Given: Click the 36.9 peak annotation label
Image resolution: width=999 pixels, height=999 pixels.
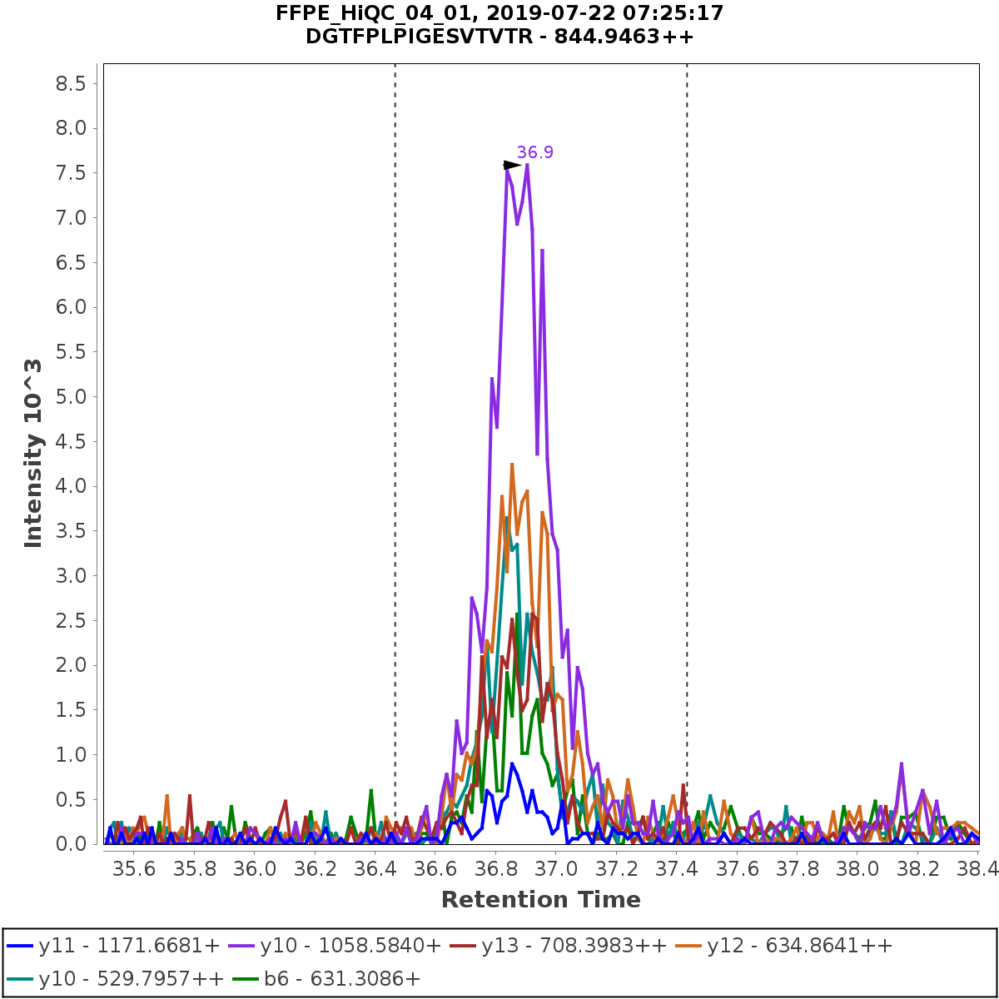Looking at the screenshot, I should (x=534, y=152).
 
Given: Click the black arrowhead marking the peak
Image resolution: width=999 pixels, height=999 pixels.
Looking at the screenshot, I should (x=511, y=166).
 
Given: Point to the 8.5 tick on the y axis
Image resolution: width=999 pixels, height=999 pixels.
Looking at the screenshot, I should (x=69, y=83).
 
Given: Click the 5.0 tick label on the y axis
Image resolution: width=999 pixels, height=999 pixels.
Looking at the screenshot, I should (x=69, y=397).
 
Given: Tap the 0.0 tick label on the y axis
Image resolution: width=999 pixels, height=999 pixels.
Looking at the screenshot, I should (x=69, y=844).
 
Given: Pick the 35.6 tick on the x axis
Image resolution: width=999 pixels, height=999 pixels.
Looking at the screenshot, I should (x=134, y=868).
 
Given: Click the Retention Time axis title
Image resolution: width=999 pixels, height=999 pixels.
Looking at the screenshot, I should (x=540, y=900).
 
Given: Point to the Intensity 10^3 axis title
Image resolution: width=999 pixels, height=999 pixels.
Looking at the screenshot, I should (x=33, y=453).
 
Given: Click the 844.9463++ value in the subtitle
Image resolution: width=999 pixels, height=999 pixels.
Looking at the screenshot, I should (x=641, y=37).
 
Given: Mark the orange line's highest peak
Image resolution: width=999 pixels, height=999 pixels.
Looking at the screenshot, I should (x=512, y=465).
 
